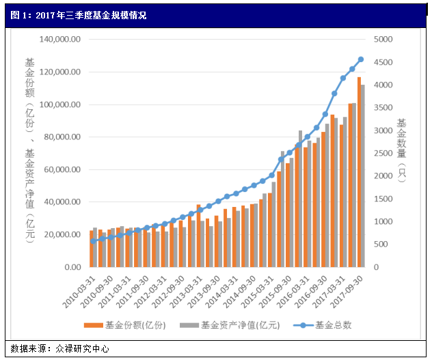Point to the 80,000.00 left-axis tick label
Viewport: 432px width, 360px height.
point(61,137)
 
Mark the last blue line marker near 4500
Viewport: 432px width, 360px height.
point(361,59)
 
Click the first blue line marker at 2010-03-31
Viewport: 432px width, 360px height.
point(93,241)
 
